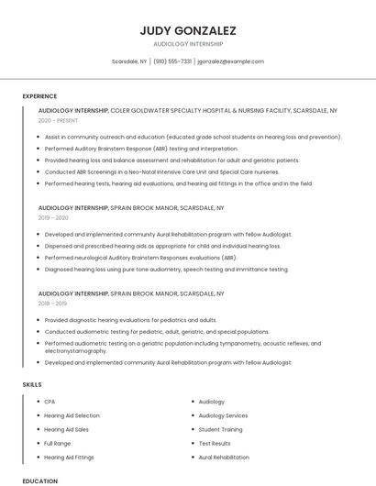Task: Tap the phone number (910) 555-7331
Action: point(172,61)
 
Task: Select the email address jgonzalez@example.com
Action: point(230,61)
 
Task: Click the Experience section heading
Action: point(39,96)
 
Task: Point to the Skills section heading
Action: point(32,385)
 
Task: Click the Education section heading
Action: point(39,480)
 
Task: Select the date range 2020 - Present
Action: point(59,120)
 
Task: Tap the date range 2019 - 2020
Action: point(53,218)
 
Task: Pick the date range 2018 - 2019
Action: point(52,304)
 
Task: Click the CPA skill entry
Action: point(50,402)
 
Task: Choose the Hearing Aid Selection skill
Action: point(72,415)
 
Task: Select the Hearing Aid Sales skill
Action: point(66,429)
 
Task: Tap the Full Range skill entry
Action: point(57,443)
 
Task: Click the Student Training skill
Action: point(221,429)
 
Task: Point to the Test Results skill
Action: point(215,443)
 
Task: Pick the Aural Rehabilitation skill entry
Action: point(224,457)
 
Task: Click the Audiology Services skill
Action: point(223,415)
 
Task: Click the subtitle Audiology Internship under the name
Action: point(187,44)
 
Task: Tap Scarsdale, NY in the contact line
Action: point(128,61)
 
